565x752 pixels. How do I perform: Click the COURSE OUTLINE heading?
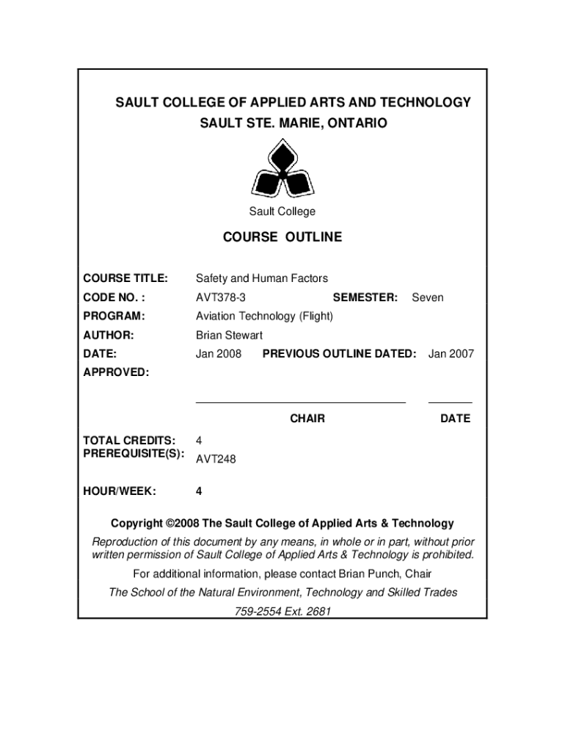282,237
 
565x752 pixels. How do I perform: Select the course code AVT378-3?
221,297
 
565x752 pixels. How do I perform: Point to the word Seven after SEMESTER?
428,297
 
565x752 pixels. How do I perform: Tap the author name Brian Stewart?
229,335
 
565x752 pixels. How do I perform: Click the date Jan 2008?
219,354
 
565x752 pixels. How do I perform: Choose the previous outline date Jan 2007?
451,354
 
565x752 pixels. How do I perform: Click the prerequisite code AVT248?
216,459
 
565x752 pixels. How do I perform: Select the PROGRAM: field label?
114,316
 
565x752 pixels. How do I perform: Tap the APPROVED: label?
116,372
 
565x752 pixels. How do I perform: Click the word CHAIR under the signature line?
307,419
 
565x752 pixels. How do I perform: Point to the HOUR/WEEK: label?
119,491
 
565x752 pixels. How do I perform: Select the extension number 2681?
318,611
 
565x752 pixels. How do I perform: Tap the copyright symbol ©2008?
183,524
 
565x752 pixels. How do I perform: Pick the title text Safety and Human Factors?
262,278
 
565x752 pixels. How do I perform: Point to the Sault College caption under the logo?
282,211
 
